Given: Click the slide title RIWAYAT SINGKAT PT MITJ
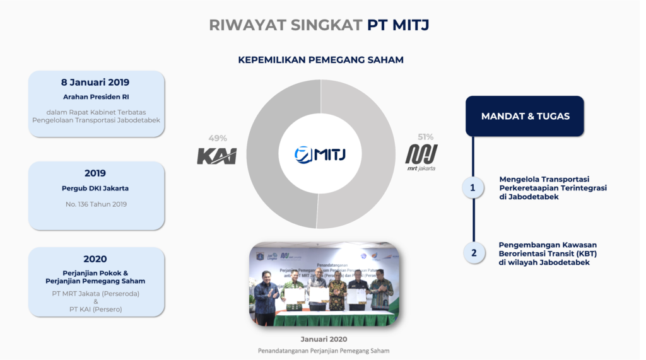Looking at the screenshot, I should coord(322,25).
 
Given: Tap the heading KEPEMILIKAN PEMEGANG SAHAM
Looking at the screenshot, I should coord(320,60).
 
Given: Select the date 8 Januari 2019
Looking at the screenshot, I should coord(95,82).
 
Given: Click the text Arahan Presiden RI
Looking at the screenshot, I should coord(96,97).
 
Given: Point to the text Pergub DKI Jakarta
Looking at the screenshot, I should coord(95,188).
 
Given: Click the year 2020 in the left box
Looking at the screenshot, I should coord(95,258).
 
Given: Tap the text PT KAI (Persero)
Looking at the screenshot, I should coord(95,309).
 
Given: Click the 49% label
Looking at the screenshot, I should coord(217,138).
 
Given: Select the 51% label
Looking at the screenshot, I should coord(426,137).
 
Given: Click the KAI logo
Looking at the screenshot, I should coord(216,156).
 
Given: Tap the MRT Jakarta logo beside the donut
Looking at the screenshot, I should coord(421,157).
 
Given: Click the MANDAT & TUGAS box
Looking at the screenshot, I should coord(525,116).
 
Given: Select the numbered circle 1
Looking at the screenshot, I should coord(473,187).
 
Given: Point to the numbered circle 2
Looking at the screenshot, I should coord(473,253).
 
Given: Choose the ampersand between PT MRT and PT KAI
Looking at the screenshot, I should coord(95,301).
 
